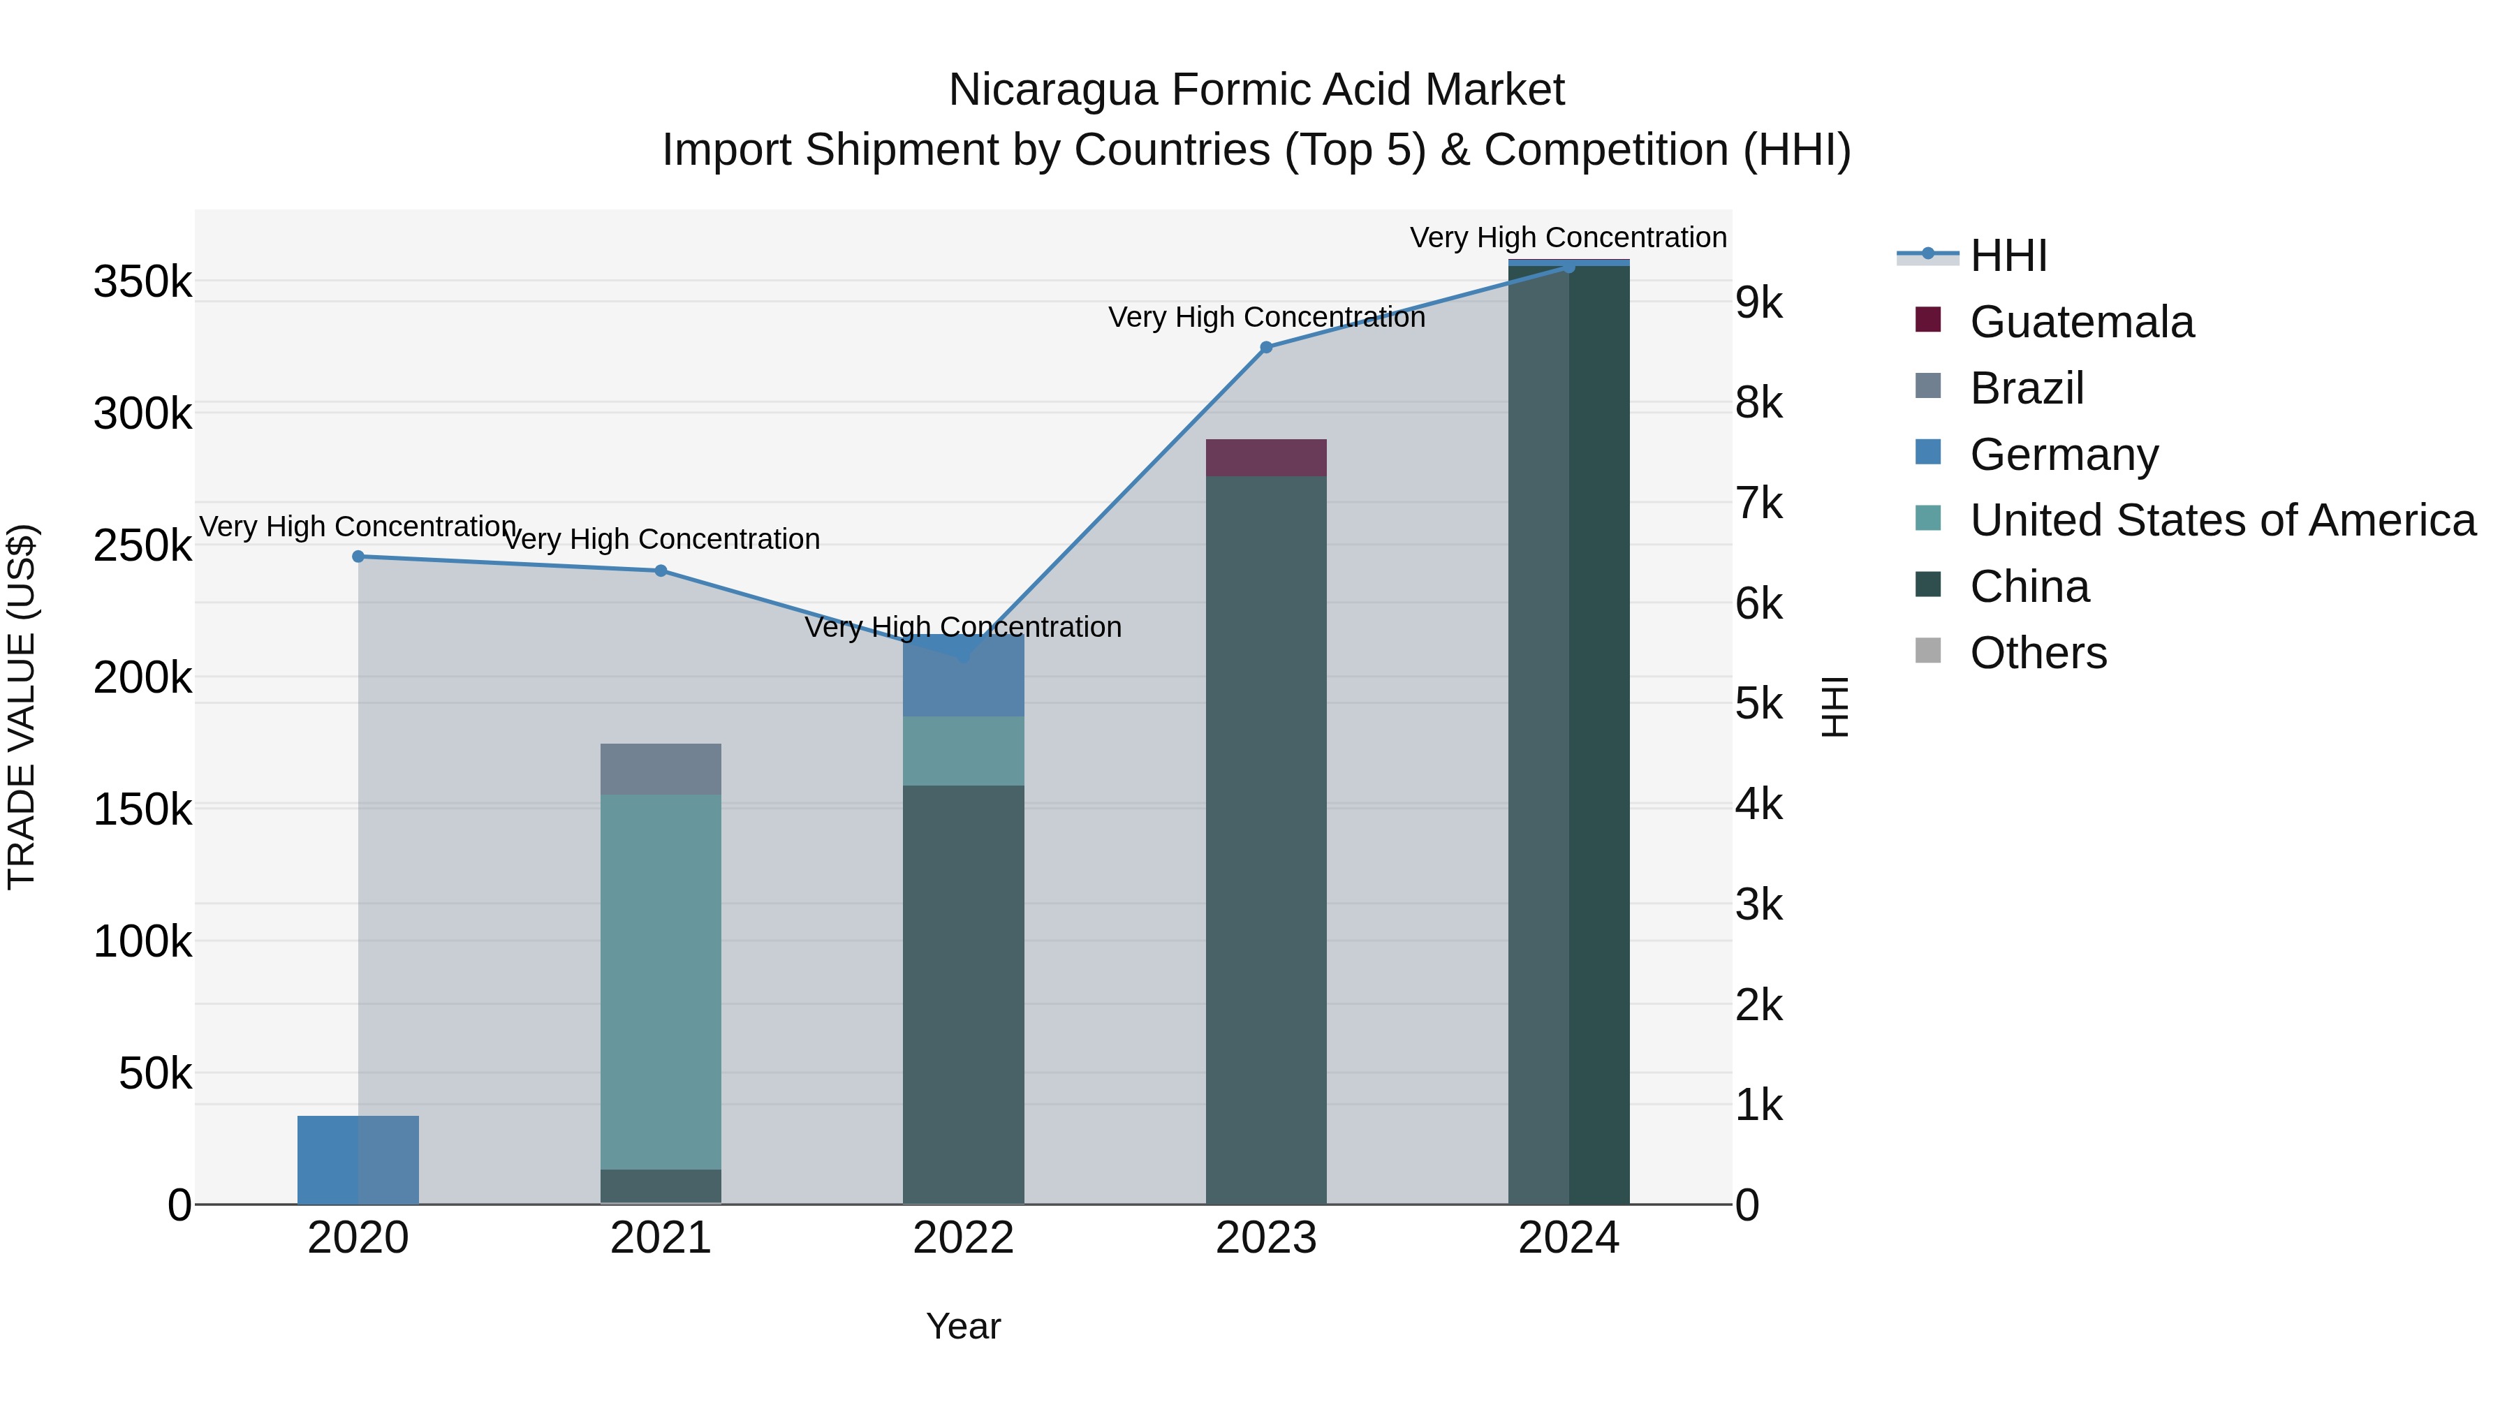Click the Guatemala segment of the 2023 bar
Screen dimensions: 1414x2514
click(1266, 457)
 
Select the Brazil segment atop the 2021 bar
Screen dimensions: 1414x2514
click(661, 769)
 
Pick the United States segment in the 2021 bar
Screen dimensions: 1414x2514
click(661, 981)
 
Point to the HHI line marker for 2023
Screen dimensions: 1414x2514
click(1266, 348)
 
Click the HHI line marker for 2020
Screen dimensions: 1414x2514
click(358, 557)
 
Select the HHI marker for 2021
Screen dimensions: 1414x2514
click(661, 571)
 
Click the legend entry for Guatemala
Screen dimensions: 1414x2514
click(2081, 322)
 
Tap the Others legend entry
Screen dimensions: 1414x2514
click(2038, 653)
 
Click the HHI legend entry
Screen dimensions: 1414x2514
click(2008, 256)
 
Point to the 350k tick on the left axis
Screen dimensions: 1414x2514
click(142, 282)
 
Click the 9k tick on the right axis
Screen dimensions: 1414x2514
click(1758, 304)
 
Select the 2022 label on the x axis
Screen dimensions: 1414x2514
click(963, 1238)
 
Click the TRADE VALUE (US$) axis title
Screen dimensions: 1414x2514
click(22, 707)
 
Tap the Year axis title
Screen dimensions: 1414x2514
click(963, 1326)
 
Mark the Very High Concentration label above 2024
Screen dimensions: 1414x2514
click(1568, 237)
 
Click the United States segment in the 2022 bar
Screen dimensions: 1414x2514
click(963, 751)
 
